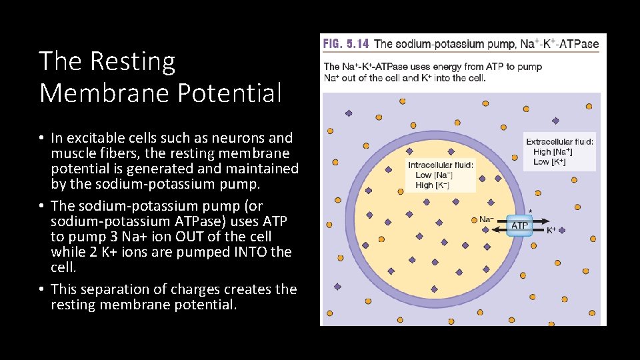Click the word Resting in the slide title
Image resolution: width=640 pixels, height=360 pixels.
click(132, 62)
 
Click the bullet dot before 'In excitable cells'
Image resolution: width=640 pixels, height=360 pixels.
click(41, 139)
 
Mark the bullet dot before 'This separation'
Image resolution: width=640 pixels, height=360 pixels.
click(41, 289)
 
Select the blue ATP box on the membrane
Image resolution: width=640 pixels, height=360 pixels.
click(519, 225)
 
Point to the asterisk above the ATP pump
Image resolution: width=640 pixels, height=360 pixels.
click(530, 211)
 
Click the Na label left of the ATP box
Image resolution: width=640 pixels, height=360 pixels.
click(487, 219)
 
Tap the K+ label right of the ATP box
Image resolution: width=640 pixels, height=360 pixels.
click(551, 231)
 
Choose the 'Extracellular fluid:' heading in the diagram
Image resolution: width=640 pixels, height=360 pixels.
click(559, 141)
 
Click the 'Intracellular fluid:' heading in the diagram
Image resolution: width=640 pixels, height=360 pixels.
click(441, 165)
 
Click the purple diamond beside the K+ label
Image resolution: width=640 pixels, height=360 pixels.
click(561, 230)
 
